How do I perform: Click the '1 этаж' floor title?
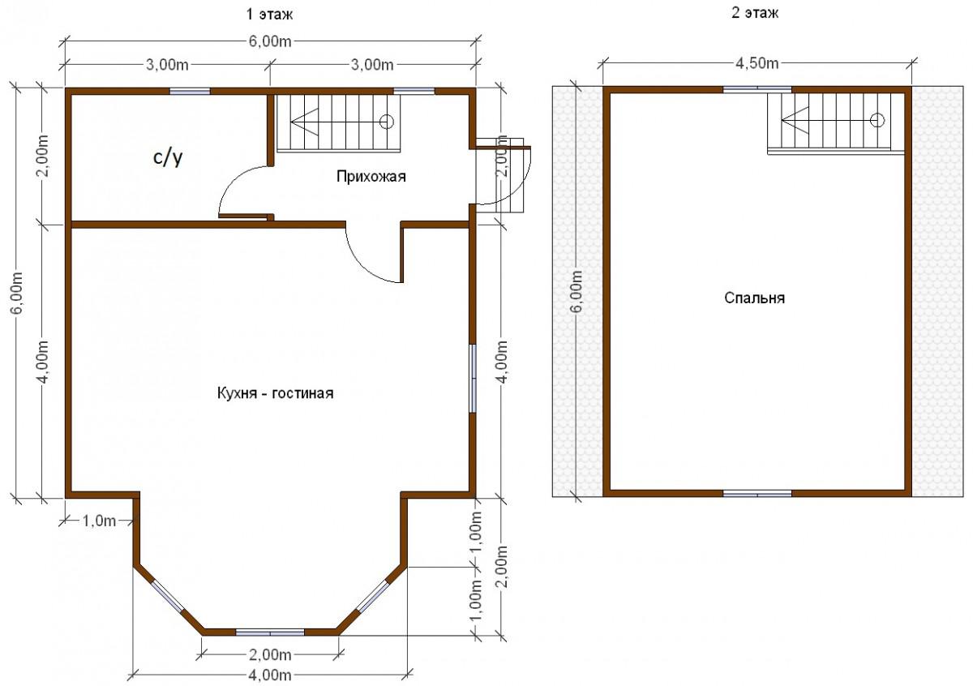[x=269, y=15]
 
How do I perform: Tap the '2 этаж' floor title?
[x=755, y=13]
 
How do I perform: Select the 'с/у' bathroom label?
[x=168, y=157]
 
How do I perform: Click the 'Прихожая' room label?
[x=371, y=177]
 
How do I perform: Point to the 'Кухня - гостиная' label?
[x=276, y=393]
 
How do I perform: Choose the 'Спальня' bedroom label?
[x=755, y=298]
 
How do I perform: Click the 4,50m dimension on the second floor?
[x=757, y=63]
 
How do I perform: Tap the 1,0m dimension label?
[x=99, y=521]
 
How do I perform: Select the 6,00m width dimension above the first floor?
[x=270, y=41]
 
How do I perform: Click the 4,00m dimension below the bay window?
[x=270, y=675]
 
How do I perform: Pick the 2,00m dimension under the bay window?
[x=270, y=654]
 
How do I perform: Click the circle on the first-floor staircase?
[x=386, y=122]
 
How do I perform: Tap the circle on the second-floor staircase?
[x=877, y=120]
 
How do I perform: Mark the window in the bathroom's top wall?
[x=190, y=92]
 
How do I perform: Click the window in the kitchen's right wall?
[x=473, y=379]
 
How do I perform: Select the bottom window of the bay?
[x=270, y=632]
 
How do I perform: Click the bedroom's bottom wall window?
[x=757, y=494]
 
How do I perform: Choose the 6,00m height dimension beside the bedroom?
[x=577, y=291]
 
